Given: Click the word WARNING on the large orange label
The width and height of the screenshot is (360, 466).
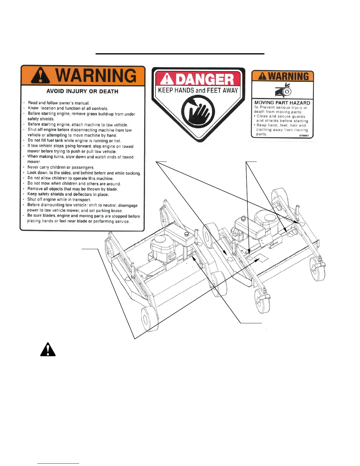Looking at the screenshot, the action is [x=96, y=76].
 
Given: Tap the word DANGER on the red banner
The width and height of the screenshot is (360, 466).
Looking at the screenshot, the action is [x=205, y=79].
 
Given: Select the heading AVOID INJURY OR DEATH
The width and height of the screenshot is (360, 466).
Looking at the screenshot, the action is [x=82, y=91].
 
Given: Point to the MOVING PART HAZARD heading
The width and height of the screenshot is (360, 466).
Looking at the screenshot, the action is [x=282, y=103].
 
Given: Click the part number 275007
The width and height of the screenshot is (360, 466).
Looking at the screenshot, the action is [x=304, y=136].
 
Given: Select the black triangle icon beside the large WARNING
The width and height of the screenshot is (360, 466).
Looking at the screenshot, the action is [x=41, y=76].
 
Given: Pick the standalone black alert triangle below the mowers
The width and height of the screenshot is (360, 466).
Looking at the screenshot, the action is [x=48, y=350].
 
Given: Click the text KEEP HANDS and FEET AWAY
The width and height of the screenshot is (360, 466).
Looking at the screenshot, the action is [x=198, y=90].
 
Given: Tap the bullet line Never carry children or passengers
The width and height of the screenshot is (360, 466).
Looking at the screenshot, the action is [x=61, y=167].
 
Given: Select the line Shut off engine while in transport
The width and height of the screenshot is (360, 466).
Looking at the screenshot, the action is [x=59, y=199].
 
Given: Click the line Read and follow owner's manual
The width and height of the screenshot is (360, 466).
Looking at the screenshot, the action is [x=59, y=103].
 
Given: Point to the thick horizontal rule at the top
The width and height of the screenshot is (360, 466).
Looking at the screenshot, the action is [x=180, y=54].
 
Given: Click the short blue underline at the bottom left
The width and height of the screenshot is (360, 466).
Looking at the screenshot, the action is [x=58, y=463].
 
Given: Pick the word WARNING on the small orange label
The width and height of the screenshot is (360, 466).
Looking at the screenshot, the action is [x=288, y=76].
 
